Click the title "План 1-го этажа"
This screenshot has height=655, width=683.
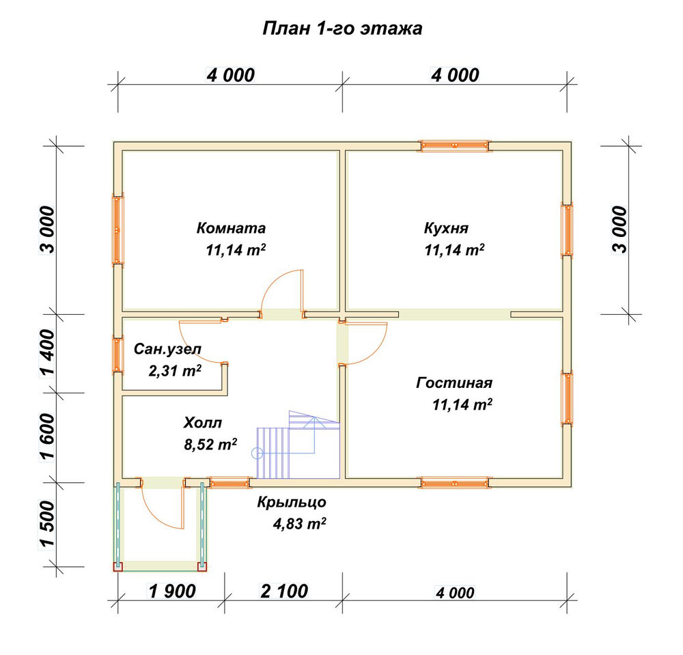pyautogui.click(x=342, y=29)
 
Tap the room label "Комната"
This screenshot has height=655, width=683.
pyautogui.click(x=231, y=227)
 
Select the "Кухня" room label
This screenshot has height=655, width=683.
pyautogui.click(x=447, y=228)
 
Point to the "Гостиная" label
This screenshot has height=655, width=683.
pyautogui.click(x=454, y=382)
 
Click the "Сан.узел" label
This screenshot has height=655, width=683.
pyautogui.click(x=168, y=349)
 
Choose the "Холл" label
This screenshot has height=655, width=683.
pyautogui.click(x=203, y=423)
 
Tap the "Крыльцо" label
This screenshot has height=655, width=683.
pyautogui.click(x=292, y=502)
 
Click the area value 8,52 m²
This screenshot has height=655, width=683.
pyautogui.click(x=210, y=444)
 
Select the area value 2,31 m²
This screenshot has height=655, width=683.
pyautogui.click(x=175, y=371)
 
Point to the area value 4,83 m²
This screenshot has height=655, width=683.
pyautogui.click(x=300, y=523)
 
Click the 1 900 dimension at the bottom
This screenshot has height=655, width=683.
pyautogui.click(x=173, y=591)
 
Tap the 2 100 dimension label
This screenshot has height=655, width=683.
pyautogui.click(x=284, y=591)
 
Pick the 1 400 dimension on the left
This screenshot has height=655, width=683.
pyautogui.click(x=48, y=352)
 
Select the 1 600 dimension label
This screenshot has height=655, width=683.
pyautogui.click(x=48, y=437)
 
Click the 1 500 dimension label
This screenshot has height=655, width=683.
pyautogui.click(x=48, y=523)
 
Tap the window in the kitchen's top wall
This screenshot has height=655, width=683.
pyautogui.click(x=454, y=145)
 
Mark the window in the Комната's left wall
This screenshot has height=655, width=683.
pyautogui.click(x=118, y=229)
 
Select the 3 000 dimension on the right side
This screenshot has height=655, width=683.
pyautogui.click(x=620, y=229)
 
